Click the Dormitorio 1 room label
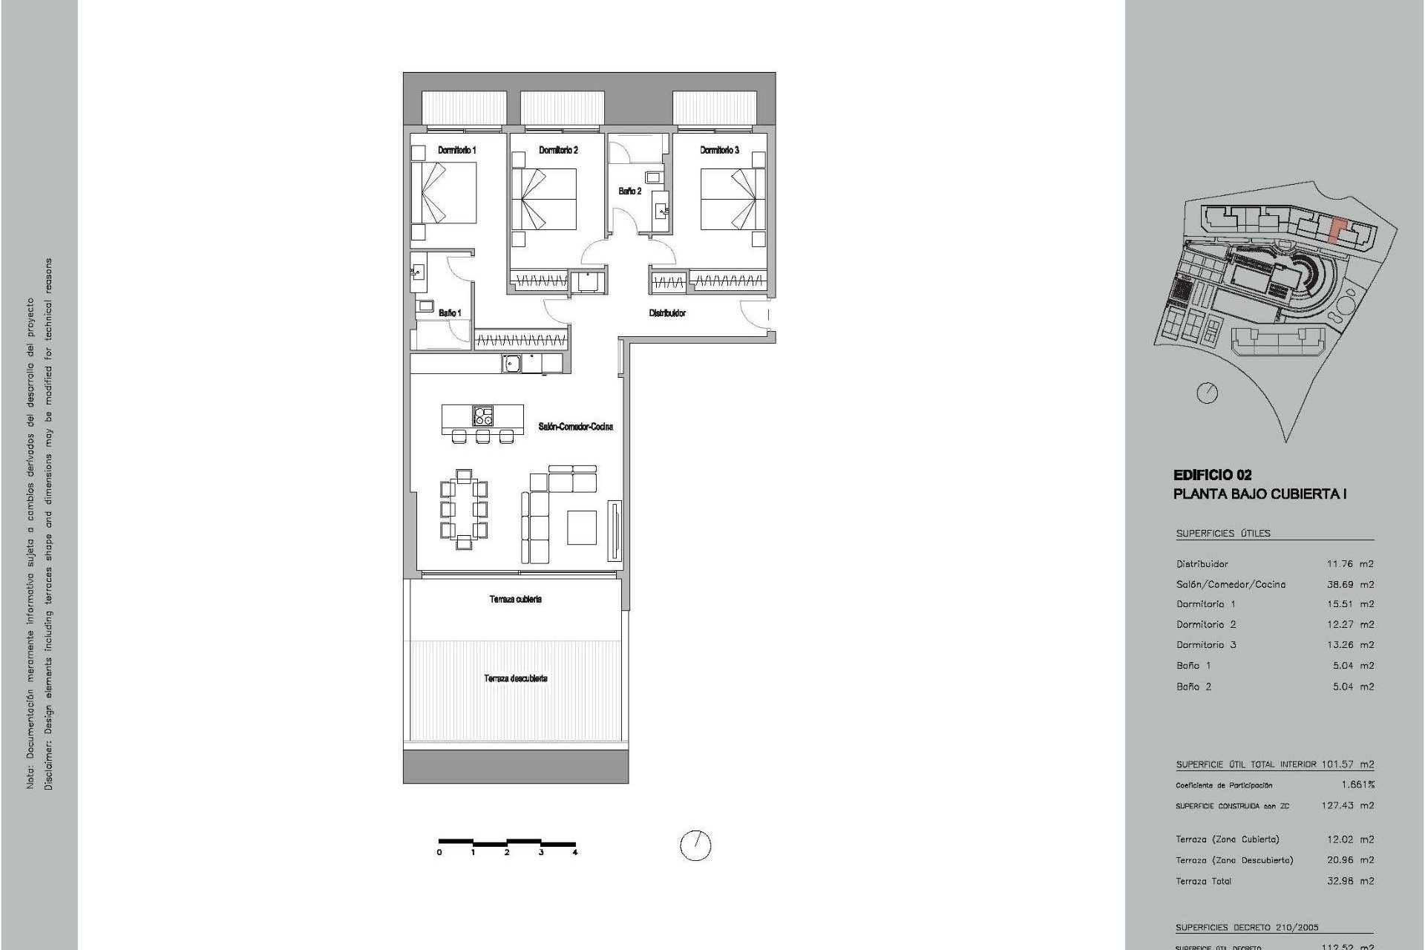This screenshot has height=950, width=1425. tap(456, 150)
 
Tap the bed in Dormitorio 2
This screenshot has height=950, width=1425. tap(544, 199)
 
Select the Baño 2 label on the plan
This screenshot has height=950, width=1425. tap(629, 191)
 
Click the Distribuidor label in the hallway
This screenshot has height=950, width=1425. tap(667, 313)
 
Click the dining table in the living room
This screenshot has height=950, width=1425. tap(464, 509)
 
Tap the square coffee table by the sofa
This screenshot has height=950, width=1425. tap(582, 527)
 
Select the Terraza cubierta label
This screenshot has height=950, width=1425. tap(515, 599)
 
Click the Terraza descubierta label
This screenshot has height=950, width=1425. tap(516, 678)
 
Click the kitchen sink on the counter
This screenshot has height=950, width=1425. tap(510, 363)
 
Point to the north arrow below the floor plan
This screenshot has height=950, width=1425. tap(695, 845)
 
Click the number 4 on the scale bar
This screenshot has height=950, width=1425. tap(575, 853)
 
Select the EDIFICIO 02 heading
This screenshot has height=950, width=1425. tap(1212, 475)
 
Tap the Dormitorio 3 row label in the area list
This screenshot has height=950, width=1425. tap(1206, 645)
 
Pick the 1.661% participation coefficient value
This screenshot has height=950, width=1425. tap(1358, 784)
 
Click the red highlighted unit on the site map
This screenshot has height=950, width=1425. tap(1336, 230)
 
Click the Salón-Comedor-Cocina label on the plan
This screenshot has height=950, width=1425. tap(576, 427)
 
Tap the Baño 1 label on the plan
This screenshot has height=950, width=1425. tap(449, 313)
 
